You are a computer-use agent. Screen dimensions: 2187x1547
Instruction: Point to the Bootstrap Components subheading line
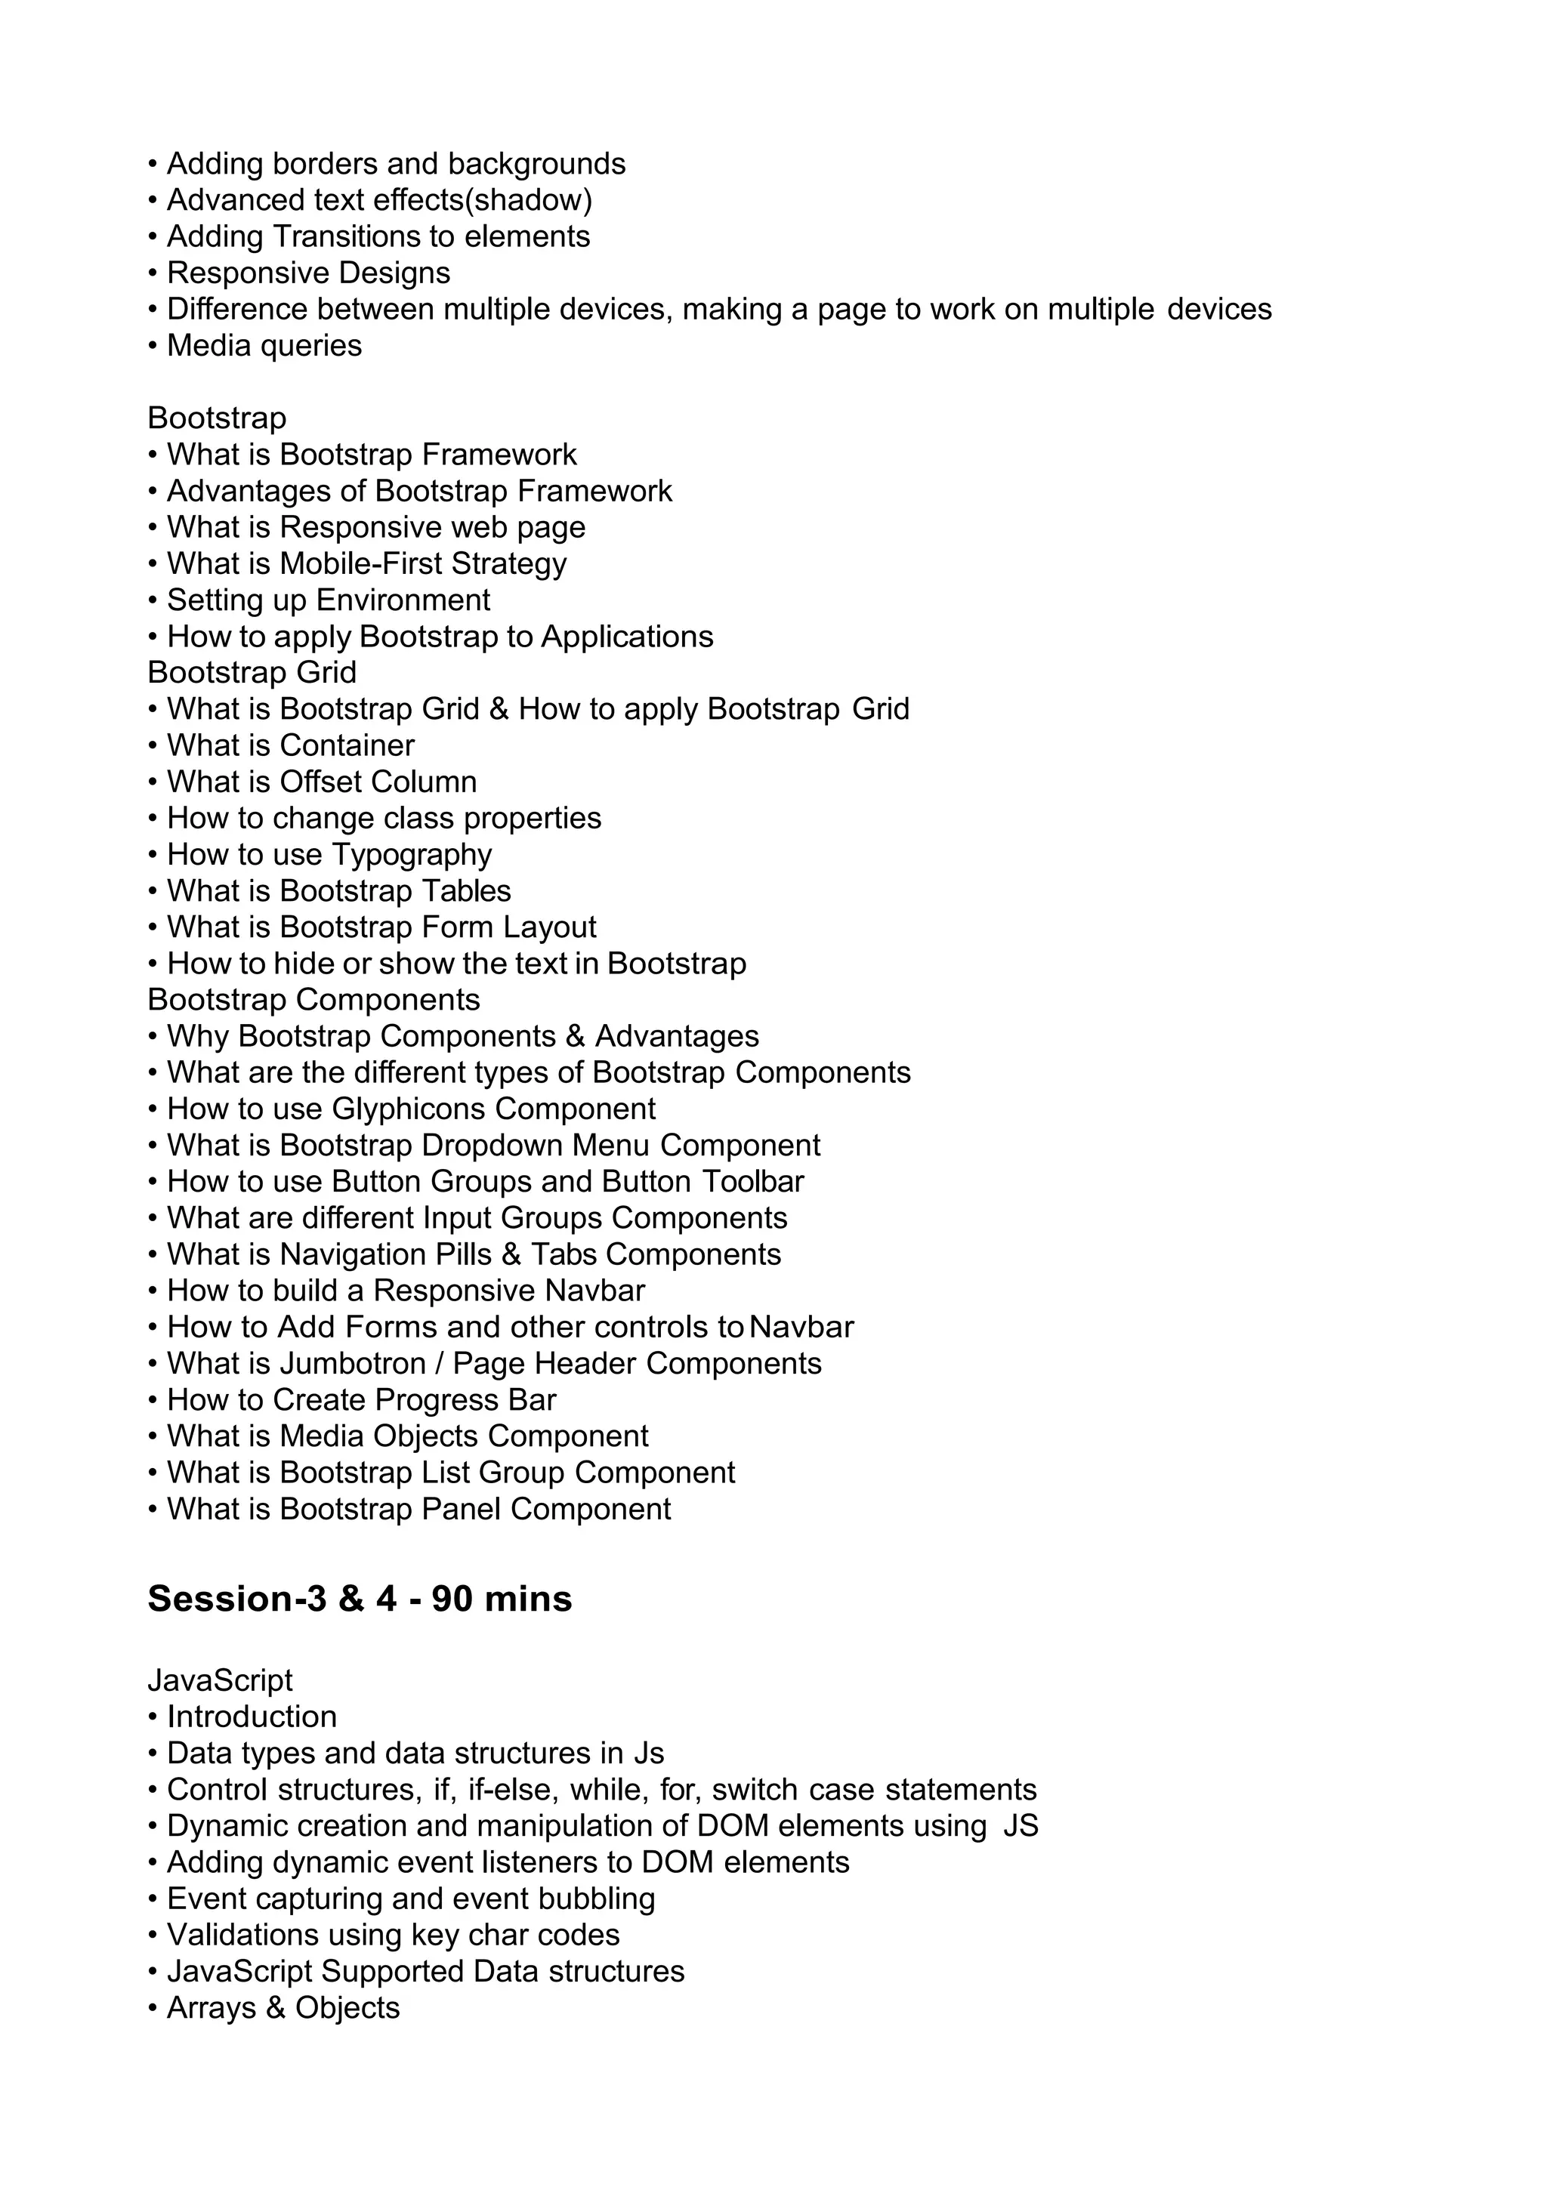coord(313,999)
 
